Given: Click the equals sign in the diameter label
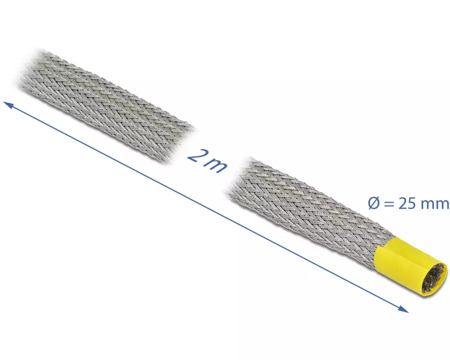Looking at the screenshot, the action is point(388,204).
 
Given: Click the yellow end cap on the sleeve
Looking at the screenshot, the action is point(411,267).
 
